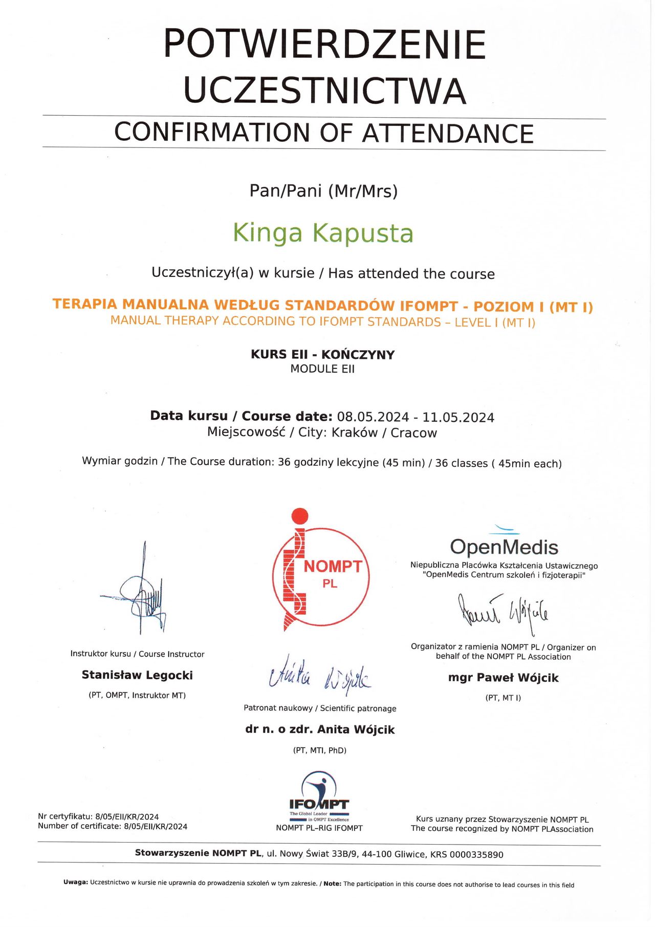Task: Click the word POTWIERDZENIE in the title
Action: click(324, 44)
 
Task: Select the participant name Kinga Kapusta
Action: click(323, 233)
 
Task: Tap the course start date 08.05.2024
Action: click(373, 417)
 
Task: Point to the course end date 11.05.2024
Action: click(458, 418)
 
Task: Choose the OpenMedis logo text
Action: click(504, 547)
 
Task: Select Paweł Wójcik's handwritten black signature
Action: click(503, 610)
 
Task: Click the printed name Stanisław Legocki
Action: click(137, 675)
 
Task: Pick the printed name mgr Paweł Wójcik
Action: click(503, 678)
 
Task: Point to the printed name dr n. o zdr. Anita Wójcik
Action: click(320, 729)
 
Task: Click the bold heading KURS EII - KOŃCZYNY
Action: click(322, 355)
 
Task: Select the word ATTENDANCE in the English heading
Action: click(448, 134)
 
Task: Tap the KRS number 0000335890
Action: click(476, 854)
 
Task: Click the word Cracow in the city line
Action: click(413, 433)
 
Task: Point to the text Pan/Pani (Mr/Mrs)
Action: click(323, 191)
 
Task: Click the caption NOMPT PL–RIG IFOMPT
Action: click(319, 828)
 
